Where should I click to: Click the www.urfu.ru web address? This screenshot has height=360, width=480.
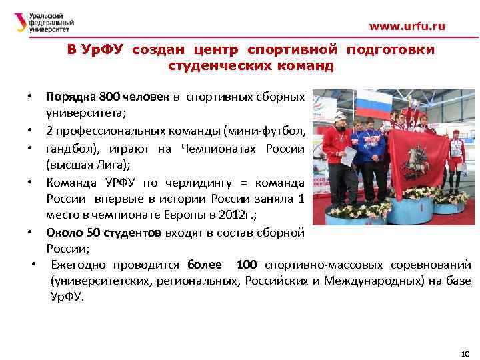pos(407,27)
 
